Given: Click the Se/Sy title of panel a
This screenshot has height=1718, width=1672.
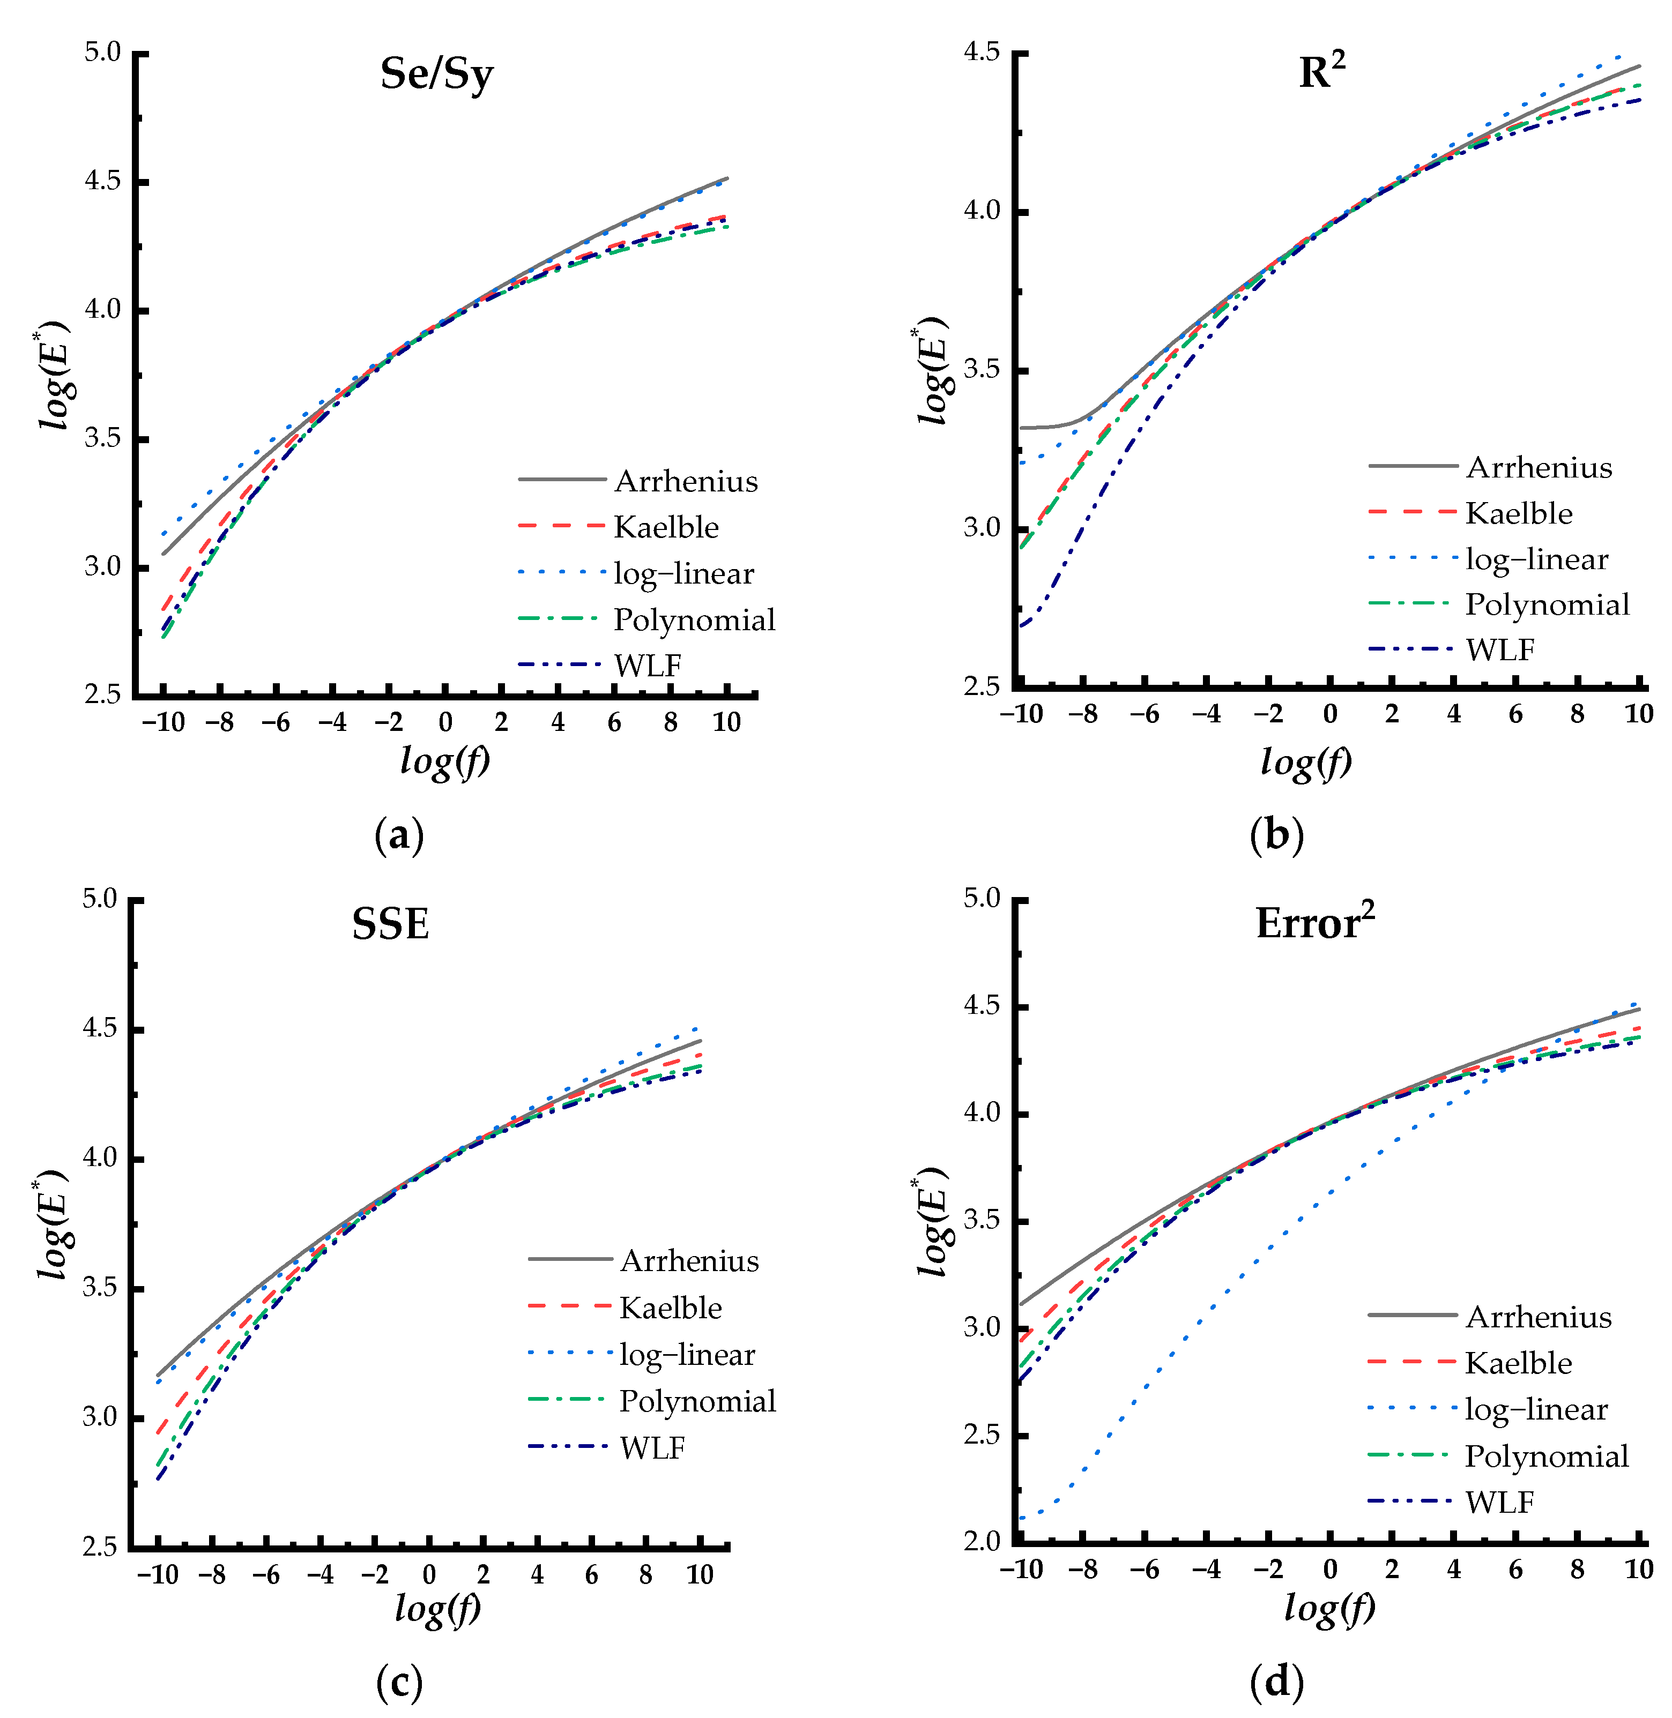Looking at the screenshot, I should tap(436, 74).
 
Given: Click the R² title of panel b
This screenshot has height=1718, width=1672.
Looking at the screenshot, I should tap(1321, 72).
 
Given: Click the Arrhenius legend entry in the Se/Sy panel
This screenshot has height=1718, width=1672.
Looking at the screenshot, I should tap(685, 481).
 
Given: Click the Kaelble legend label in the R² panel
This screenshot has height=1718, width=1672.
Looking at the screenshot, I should tap(1518, 513).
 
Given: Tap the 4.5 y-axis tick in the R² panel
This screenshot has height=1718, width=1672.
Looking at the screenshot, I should tap(982, 53).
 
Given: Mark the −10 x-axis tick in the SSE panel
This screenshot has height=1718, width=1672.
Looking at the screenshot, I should tap(158, 1575).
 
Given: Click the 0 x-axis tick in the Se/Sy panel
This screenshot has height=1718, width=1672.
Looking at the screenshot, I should tap(445, 722).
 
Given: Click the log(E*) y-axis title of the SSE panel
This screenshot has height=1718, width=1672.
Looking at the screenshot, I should tap(53, 1224).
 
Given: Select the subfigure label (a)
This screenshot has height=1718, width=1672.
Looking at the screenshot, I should tap(399, 835).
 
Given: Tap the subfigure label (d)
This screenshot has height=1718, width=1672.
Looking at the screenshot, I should tap(1276, 1681).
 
